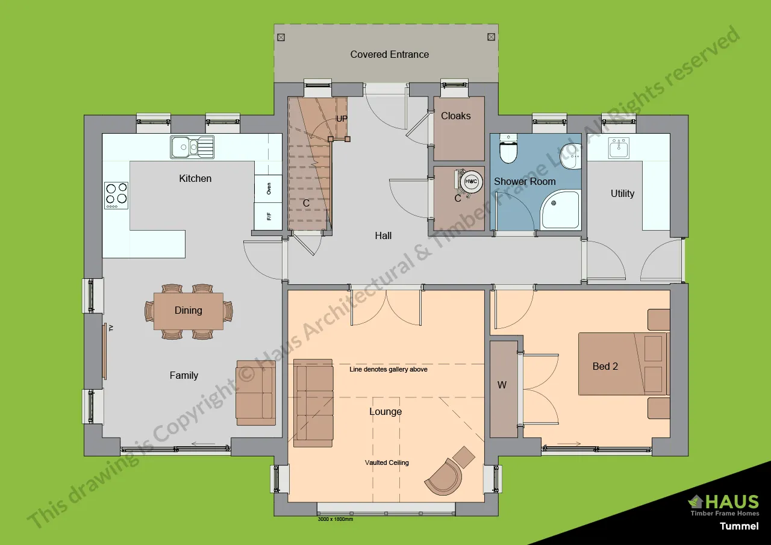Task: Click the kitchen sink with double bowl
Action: pyautogui.click(x=192, y=147)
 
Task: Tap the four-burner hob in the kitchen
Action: pyautogui.click(x=116, y=195)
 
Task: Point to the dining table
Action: pyautogui.click(x=189, y=311)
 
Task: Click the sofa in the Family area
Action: pyautogui.click(x=255, y=393)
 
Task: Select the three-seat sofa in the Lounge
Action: pyautogui.click(x=313, y=403)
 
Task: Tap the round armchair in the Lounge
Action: pyautogui.click(x=443, y=476)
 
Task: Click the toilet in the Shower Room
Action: pyautogui.click(x=509, y=151)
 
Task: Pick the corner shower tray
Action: pyautogui.click(x=560, y=210)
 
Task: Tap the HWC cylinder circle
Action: pyautogui.click(x=471, y=181)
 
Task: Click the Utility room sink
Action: pyautogui.click(x=618, y=148)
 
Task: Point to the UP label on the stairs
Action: pyautogui.click(x=342, y=119)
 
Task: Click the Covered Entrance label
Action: pyautogui.click(x=390, y=54)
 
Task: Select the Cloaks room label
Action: pyautogui.click(x=456, y=116)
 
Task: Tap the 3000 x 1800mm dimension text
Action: pyautogui.click(x=335, y=519)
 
